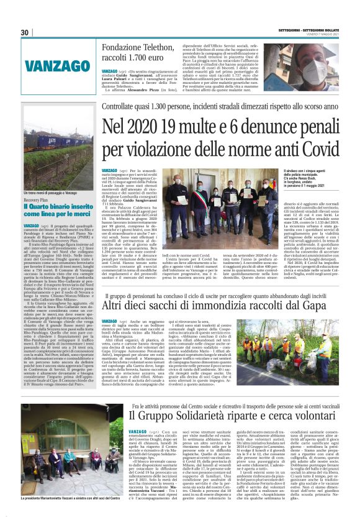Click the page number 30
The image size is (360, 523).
[x=24, y=32]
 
